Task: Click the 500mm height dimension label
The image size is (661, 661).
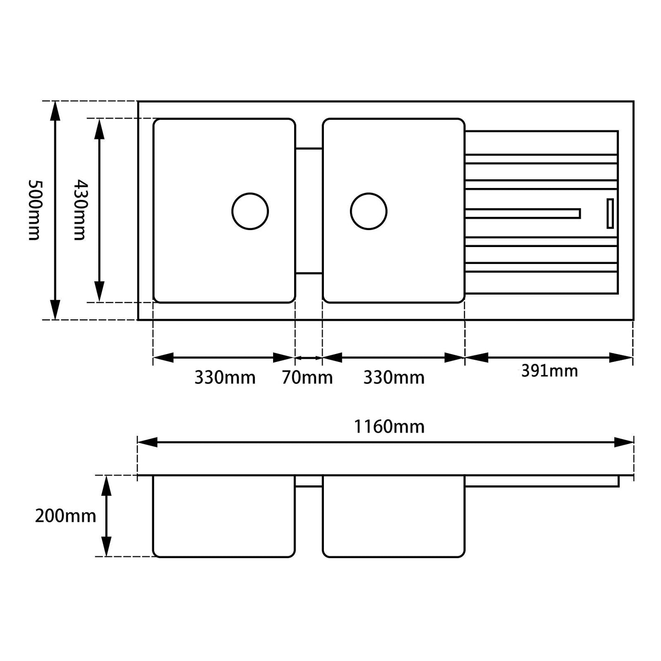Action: click(x=34, y=210)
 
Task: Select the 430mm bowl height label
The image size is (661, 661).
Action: click(x=80, y=210)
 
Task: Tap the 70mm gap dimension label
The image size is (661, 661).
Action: click(x=307, y=378)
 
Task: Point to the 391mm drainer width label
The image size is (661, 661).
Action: click(x=549, y=371)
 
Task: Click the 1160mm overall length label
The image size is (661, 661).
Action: click(x=389, y=427)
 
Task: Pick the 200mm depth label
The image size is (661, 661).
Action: click(x=65, y=516)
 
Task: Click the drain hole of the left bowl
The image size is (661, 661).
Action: click(x=250, y=211)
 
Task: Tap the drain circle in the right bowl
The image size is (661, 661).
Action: click(x=369, y=211)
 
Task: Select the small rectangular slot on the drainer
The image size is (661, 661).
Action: click(x=610, y=213)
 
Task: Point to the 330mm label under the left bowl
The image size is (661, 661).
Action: click(x=225, y=378)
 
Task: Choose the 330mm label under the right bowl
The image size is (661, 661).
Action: click(x=394, y=378)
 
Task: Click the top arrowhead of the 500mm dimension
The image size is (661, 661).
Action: click(x=55, y=111)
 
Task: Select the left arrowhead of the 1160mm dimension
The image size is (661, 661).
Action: click(x=147, y=442)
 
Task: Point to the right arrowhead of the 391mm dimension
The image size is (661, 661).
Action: click(x=622, y=358)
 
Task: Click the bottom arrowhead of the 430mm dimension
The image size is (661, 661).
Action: click(x=99, y=292)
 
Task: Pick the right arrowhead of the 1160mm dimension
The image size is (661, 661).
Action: click(x=623, y=442)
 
